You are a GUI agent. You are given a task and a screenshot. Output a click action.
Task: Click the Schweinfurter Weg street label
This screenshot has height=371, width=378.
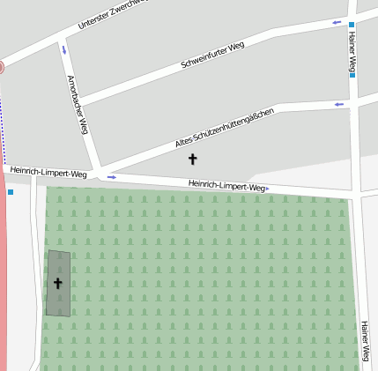(212, 55)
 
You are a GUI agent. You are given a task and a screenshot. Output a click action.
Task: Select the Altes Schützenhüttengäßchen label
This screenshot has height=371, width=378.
(225, 128)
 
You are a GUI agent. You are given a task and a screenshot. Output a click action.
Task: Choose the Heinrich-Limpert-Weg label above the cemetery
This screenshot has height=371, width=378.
(226, 185)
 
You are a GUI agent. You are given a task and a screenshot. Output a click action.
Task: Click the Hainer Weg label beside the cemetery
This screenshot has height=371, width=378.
(364, 342)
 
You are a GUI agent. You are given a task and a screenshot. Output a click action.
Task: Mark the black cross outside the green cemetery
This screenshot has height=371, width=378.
(193, 159)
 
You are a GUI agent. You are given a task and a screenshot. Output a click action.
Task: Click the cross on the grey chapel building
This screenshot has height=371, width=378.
(58, 283)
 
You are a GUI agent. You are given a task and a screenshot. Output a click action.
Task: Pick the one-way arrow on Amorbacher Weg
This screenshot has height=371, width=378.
(63, 49)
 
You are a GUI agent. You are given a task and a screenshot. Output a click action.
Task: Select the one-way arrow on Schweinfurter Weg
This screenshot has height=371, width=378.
(337, 22)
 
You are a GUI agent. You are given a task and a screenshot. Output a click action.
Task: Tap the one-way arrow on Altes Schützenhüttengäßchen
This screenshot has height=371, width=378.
(338, 104)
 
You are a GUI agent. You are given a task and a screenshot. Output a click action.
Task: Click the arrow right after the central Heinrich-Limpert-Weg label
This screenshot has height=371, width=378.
(268, 188)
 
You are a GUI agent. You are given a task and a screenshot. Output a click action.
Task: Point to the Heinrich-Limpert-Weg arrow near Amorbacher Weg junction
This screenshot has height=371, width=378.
(112, 177)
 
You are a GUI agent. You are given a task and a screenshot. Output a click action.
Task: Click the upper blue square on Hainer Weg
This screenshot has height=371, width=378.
(351, 26)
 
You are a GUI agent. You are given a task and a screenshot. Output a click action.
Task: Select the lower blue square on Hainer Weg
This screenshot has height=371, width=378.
(352, 75)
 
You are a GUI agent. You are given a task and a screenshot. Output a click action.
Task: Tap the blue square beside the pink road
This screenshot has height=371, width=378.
(11, 192)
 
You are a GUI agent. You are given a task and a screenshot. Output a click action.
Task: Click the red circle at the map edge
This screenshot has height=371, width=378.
(1, 67)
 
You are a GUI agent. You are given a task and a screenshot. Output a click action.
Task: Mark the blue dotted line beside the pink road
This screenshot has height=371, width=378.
(2, 119)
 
